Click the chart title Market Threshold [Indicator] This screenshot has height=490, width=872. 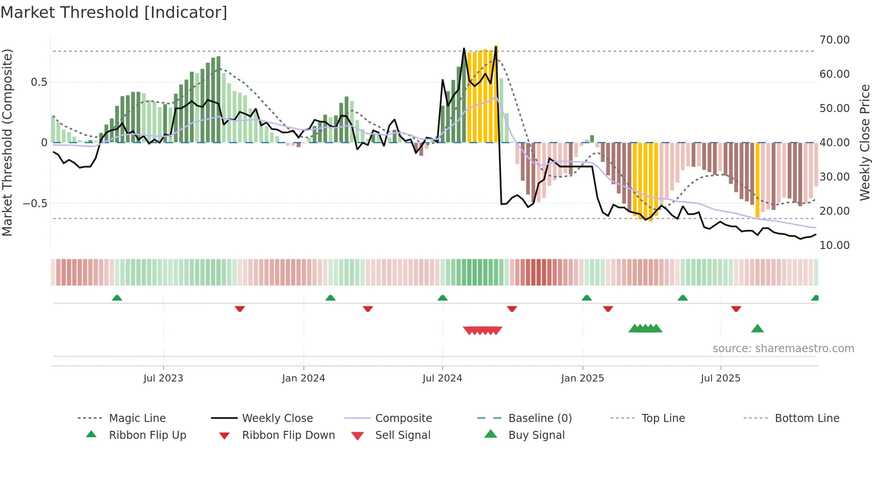pos(114,12)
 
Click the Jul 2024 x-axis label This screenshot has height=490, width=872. pos(442,378)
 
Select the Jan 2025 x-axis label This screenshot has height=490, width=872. pos(582,378)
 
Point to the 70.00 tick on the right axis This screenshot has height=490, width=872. pos(834,40)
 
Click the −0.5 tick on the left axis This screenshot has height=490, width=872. pos(35,203)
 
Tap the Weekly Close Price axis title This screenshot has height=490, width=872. pos(864,142)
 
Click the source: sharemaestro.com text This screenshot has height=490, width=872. pos(783,348)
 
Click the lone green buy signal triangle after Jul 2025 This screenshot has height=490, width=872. pos(757,329)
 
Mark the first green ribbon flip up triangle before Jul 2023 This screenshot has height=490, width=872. pos(117,298)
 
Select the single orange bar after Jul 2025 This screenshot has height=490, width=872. pos(758,180)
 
